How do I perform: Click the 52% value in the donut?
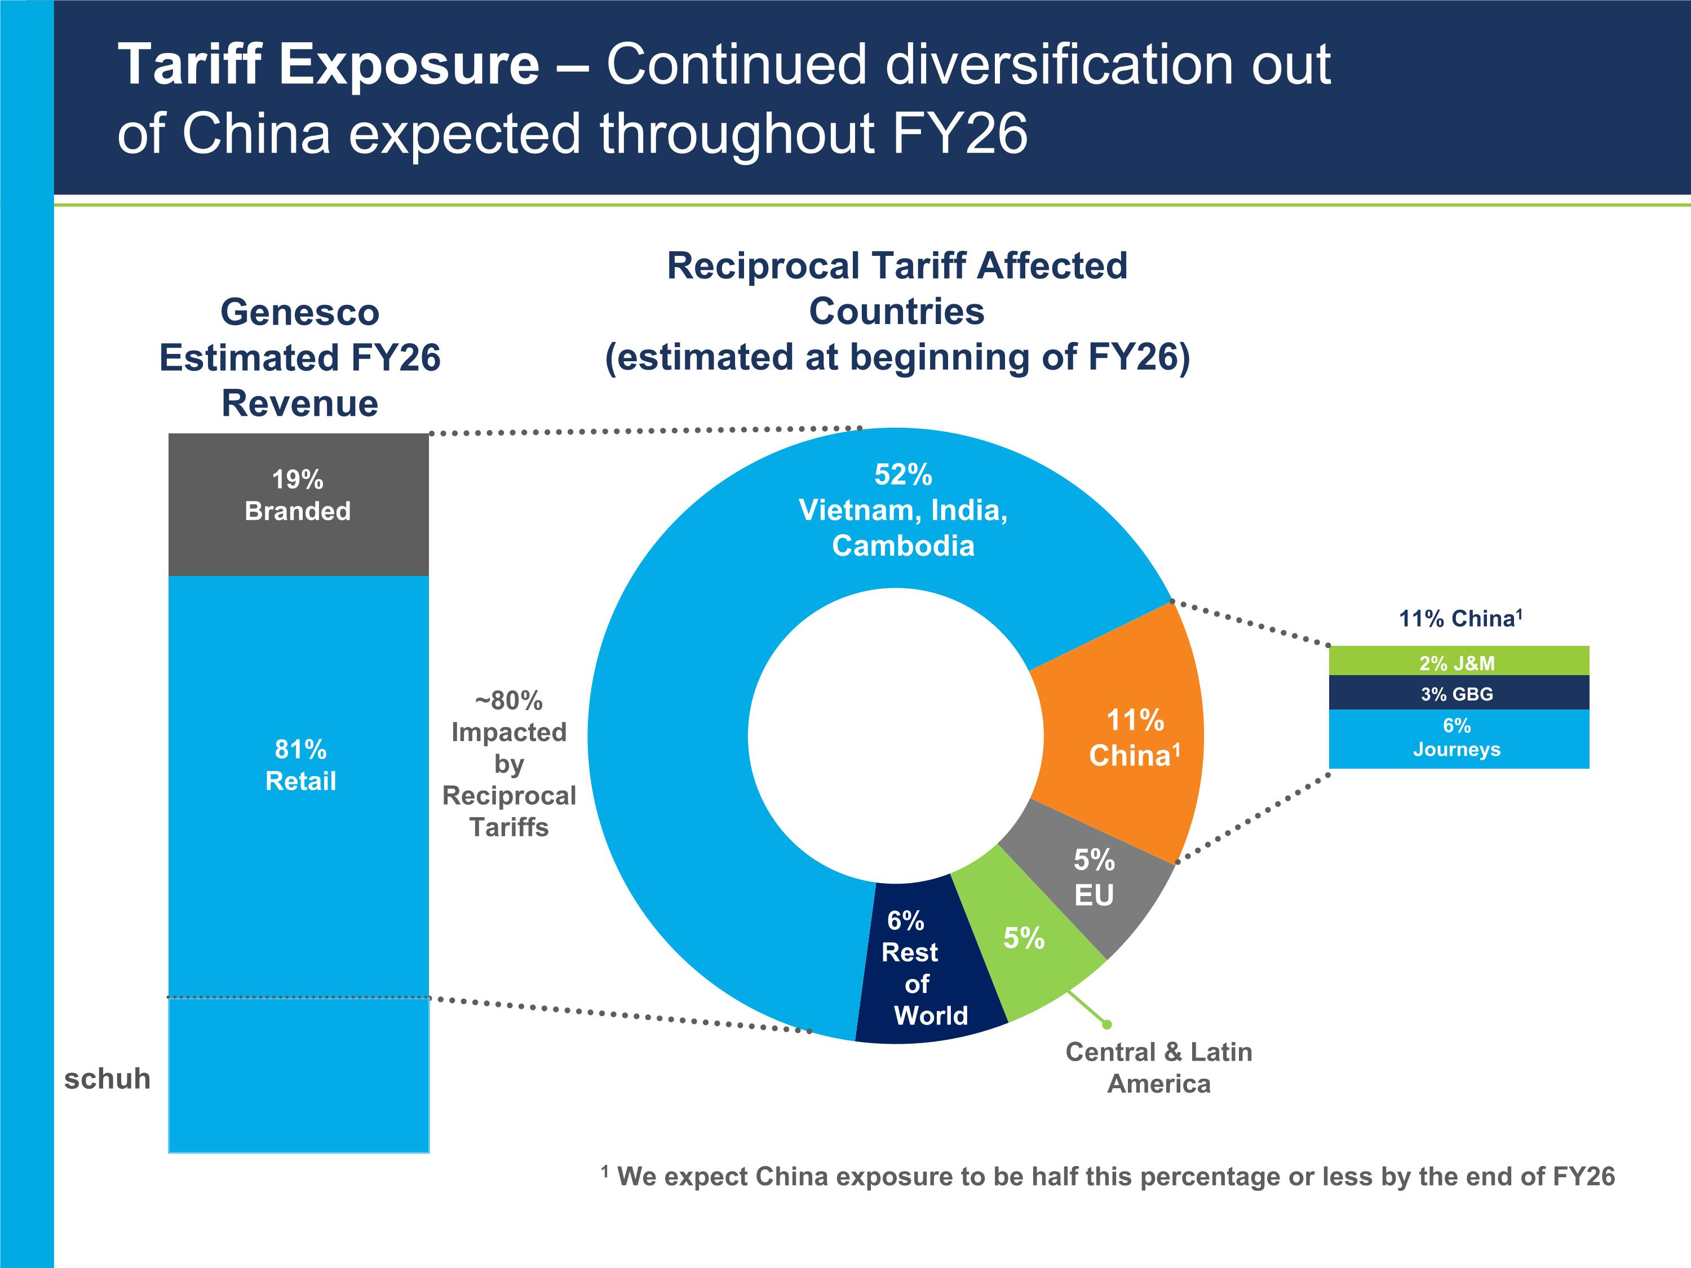(903, 475)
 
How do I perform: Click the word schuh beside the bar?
(107, 1079)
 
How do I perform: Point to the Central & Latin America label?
(1159, 1068)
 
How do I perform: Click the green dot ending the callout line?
(1106, 1024)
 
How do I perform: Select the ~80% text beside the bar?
(509, 700)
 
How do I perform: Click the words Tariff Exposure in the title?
(329, 64)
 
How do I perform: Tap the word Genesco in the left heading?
(300, 312)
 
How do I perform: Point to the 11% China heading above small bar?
(1460, 618)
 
